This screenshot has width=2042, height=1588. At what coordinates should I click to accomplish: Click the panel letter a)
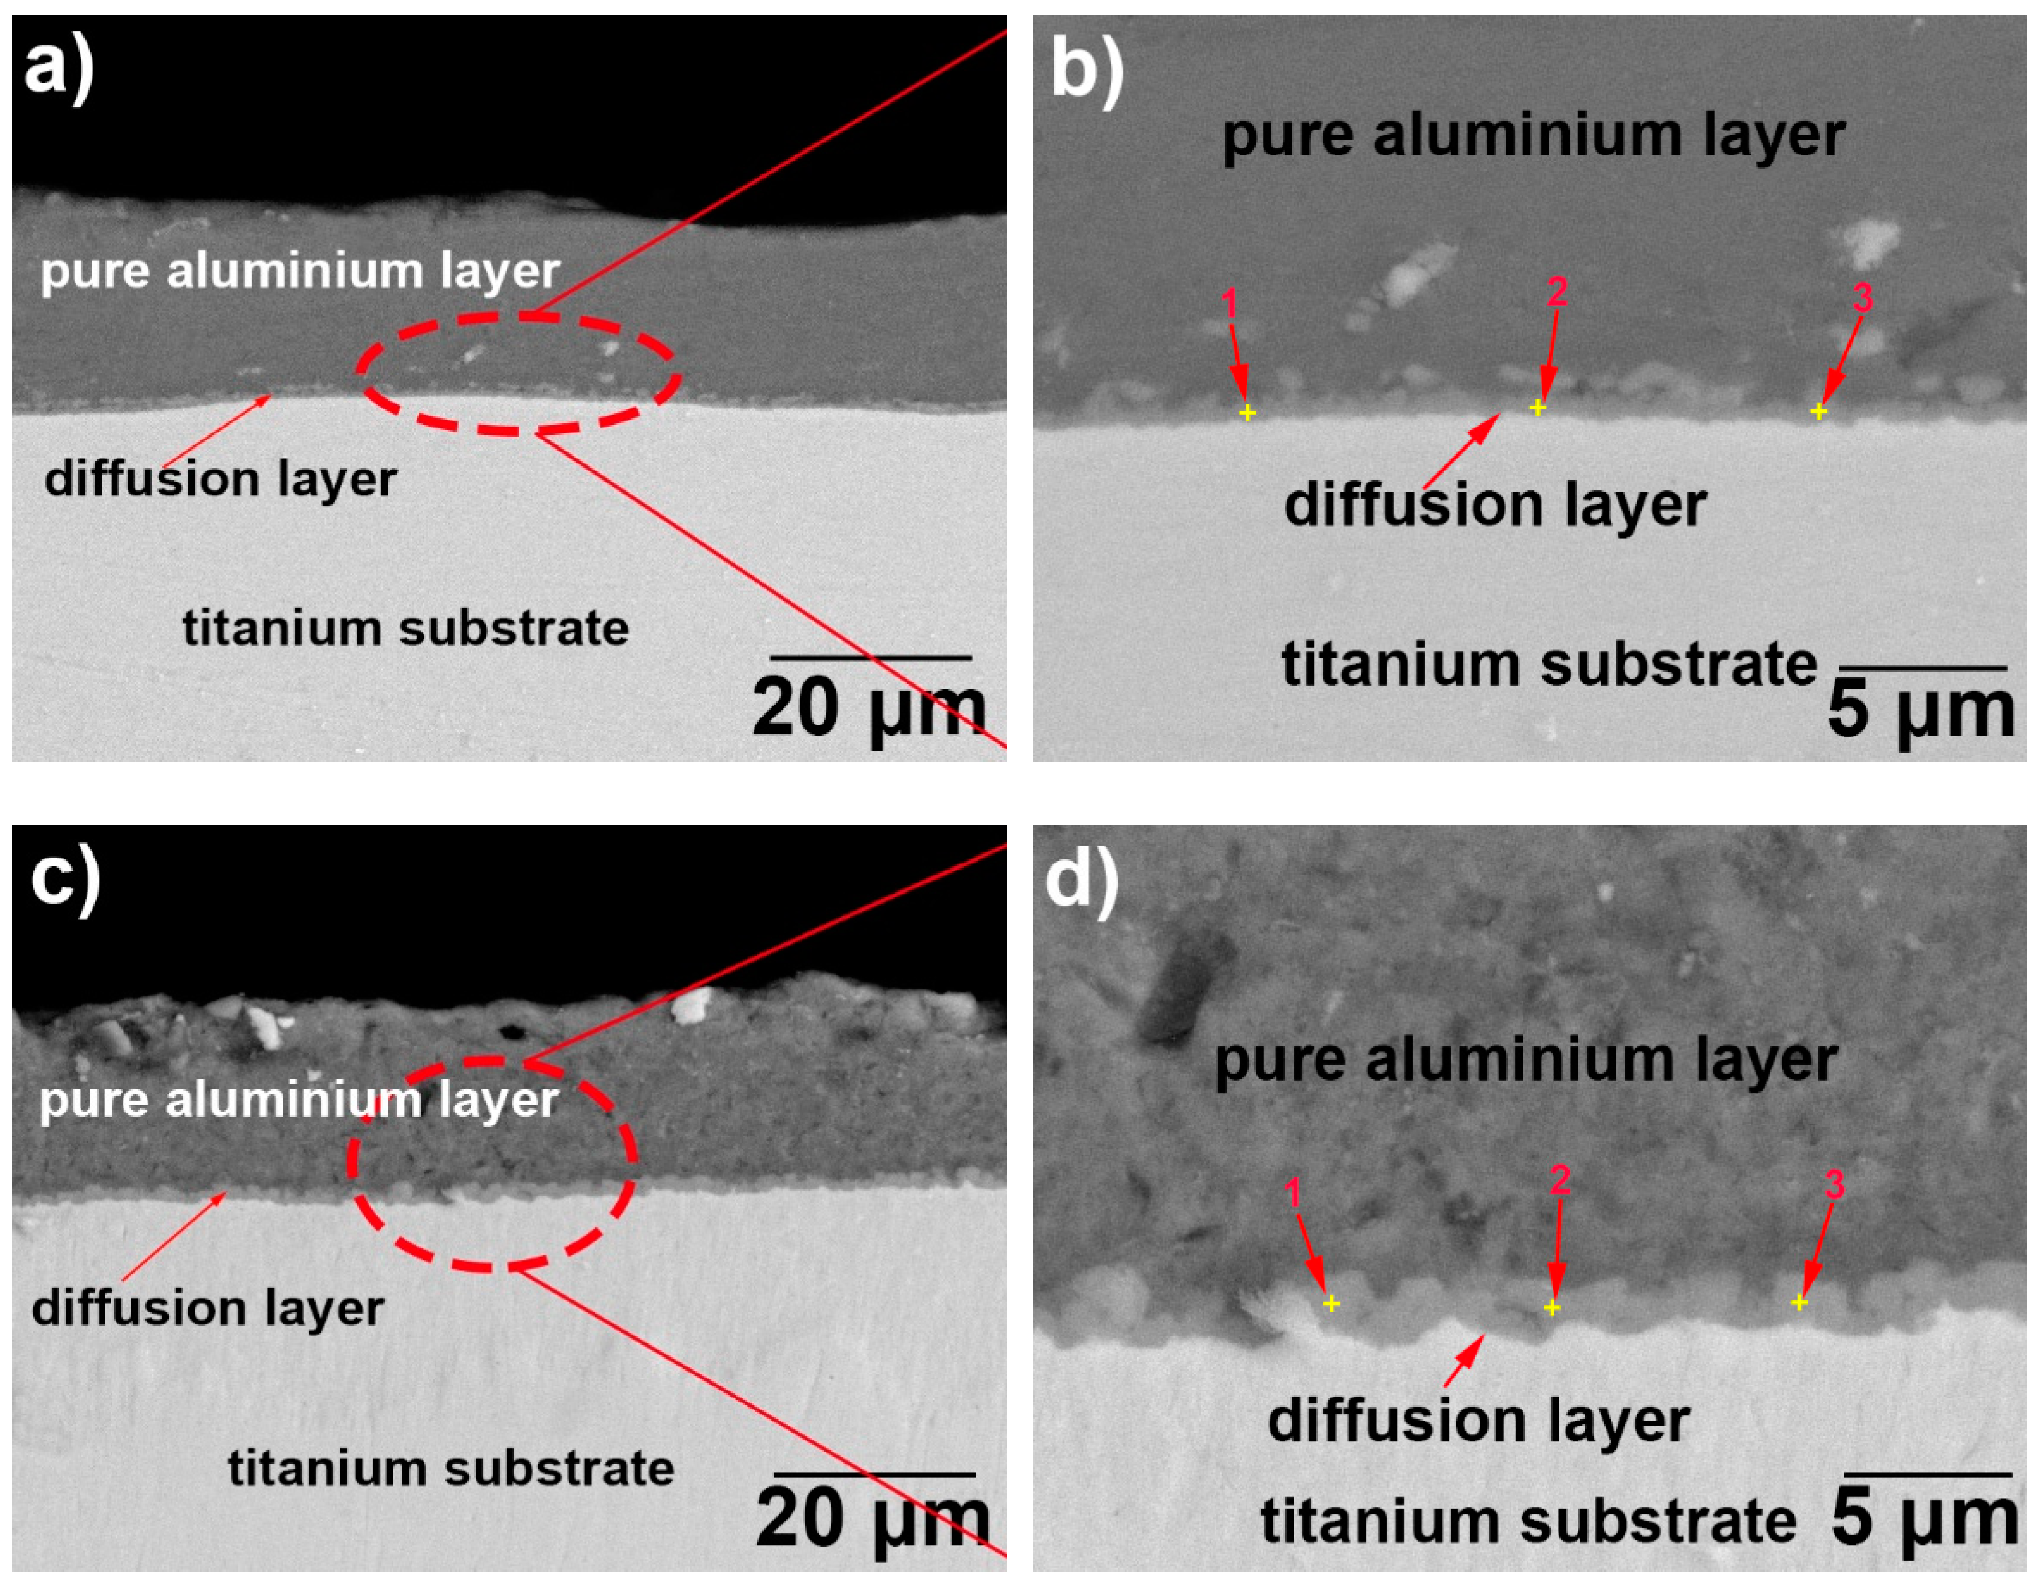coord(58,68)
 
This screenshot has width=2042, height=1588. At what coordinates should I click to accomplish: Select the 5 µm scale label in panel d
coord(1924,1518)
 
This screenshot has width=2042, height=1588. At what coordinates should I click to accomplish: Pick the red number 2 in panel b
coord(1557,293)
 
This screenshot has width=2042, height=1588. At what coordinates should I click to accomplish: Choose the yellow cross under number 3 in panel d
coord(1799,1302)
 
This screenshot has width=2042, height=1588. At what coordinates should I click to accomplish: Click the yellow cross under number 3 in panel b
coord(1818,411)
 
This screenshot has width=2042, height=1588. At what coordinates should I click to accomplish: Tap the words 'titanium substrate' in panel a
coord(405,627)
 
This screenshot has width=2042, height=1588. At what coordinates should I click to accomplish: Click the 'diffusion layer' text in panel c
coord(208,1307)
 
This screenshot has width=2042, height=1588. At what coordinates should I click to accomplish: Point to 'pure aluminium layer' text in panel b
coord(1534,136)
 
